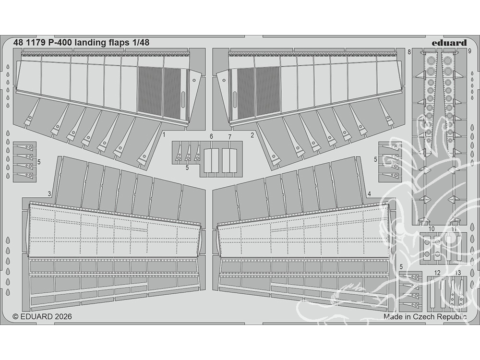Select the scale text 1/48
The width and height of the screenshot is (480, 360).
140,42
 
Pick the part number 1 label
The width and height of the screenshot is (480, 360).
164,135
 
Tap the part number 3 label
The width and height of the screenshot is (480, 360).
49,193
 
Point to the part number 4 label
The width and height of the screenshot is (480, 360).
369,193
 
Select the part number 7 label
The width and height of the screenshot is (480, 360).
230,137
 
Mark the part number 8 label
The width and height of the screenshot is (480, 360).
409,51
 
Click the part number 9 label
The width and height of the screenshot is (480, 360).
469,51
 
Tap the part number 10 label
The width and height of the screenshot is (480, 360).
432,228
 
